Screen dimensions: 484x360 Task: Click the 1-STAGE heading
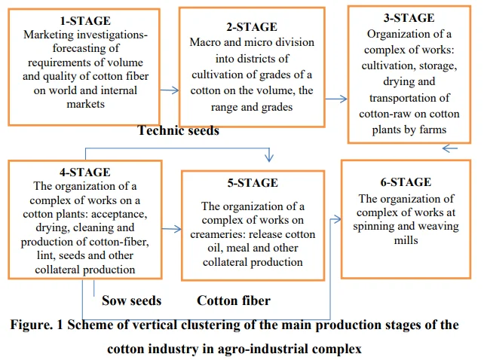click(x=85, y=21)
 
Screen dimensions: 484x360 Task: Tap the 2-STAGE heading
click(x=252, y=27)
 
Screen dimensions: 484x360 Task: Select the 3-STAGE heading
click(x=409, y=18)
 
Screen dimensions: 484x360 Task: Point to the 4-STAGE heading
click(x=85, y=172)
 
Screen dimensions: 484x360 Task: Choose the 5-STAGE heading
click(x=253, y=183)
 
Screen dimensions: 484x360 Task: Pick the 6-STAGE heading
click(x=406, y=182)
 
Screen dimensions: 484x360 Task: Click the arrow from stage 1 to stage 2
click(x=170, y=90)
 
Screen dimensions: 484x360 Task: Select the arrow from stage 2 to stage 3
click(x=336, y=99)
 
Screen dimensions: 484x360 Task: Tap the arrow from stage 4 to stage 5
click(x=171, y=229)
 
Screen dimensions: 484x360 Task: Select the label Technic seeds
click(x=179, y=130)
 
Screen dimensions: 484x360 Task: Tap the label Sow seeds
click(x=131, y=301)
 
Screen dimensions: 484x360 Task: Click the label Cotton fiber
click(x=234, y=301)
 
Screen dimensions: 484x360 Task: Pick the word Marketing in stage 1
click(x=48, y=35)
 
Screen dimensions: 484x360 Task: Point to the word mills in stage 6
click(x=406, y=240)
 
